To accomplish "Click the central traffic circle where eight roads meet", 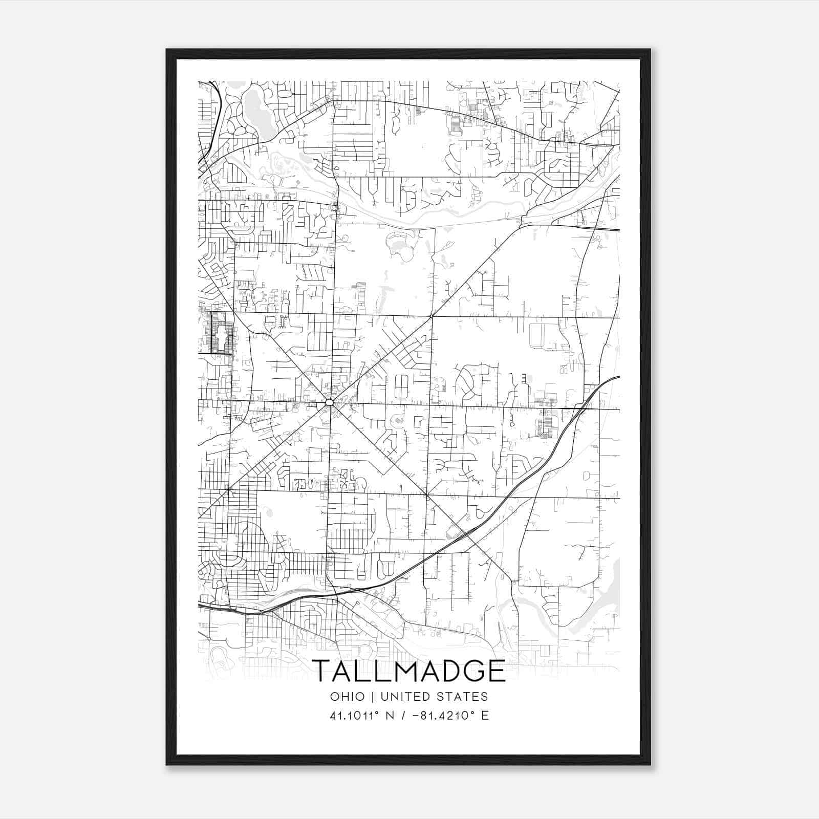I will [x=329, y=403].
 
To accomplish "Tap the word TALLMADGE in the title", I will [x=408, y=671].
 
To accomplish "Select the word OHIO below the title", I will [x=348, y=697].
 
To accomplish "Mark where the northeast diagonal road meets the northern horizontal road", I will [x=432, y=316].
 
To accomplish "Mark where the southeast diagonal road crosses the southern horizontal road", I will [x=426, y=495].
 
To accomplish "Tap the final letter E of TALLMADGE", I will [x=496, y=671].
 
